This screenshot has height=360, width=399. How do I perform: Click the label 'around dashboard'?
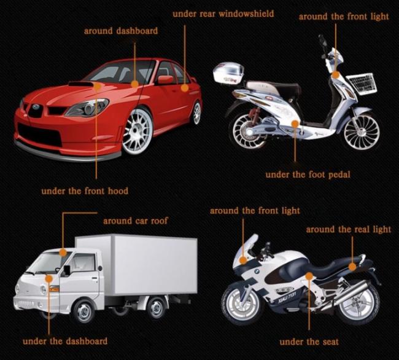click(x=121, y=31)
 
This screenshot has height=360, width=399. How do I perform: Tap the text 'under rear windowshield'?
click(x=223, y=14)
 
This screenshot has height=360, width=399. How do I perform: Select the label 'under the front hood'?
click(x=85, y=191)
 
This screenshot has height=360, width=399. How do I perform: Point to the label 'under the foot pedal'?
click(x=308, y=174)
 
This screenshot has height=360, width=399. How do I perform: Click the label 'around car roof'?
click(x=136, y=221)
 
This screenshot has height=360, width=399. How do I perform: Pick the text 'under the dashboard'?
click(x=65, y=341)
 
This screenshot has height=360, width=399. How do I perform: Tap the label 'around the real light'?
click(x=349, y=229)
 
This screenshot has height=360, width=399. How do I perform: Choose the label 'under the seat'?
click(x=309, y=342)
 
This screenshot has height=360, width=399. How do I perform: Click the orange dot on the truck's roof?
click(x=63, y=252)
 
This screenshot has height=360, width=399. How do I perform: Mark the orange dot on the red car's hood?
click(x=97, y=86)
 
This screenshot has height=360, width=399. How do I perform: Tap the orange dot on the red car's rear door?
click(x=185, y=88)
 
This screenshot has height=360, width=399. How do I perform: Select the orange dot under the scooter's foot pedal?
click(x=295, y=124)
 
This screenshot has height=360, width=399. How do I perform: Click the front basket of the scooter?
click(x=362, y=84)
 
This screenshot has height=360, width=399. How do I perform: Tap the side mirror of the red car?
click(x=165, y=79)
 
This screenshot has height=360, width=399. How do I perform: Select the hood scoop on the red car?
click(x=80, y=84)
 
